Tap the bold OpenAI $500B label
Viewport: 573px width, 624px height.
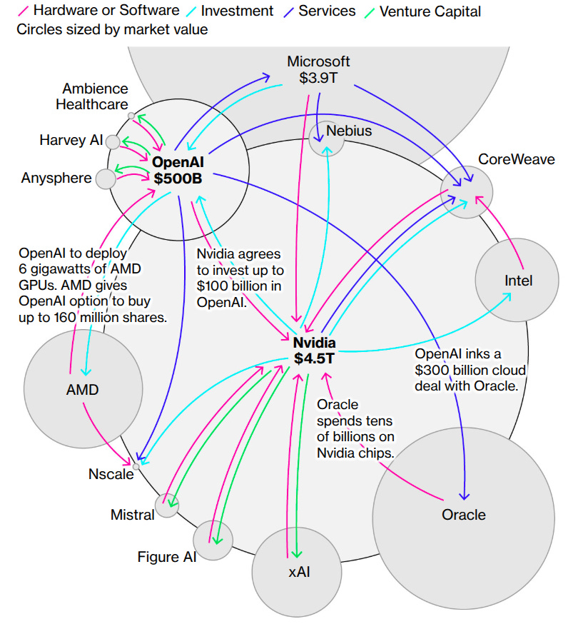pos(178,170)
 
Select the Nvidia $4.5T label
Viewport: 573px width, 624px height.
pos(314,351)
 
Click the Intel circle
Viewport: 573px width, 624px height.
pos(518,281)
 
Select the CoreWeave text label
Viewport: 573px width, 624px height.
pos(516,159)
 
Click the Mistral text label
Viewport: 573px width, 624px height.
pos(132,514)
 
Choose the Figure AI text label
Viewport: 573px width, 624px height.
pos(167,556)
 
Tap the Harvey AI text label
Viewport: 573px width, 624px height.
pos(71,140)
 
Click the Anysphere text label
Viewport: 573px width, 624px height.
pos(56,178)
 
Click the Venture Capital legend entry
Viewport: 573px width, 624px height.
pos(430,11)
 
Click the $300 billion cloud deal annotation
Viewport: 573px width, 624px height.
pos(470,369)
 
